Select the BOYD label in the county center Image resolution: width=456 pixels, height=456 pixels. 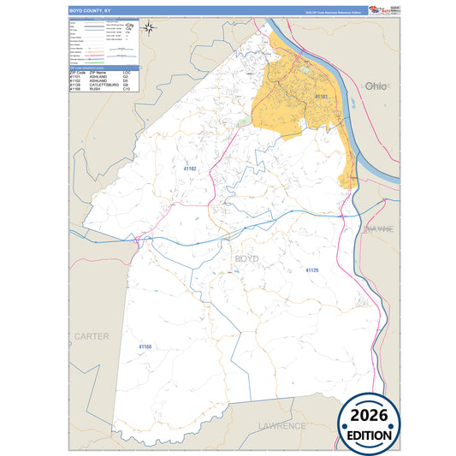point(246,258)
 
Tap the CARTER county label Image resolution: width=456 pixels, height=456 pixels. point(92,336)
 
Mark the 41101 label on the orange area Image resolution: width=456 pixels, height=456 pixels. point(322,98)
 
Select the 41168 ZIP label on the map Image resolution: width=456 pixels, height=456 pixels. point(145,346)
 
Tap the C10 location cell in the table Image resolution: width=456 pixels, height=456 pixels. point(127,90)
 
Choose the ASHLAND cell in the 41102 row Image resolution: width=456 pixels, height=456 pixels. point(98,81)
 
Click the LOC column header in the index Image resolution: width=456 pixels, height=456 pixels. point(127,73)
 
